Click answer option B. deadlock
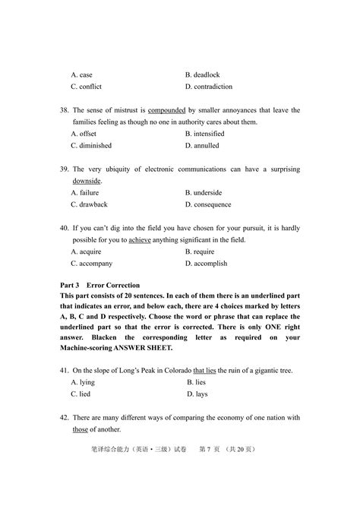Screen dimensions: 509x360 coord(204,75)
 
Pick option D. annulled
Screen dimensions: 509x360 coord(202,145)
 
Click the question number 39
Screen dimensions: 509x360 coord(64,169)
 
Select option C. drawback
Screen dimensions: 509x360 coord(89,204)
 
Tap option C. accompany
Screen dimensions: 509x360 coord(91,264)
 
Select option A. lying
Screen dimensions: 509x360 coord(83,382)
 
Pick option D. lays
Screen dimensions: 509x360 coord(198,394)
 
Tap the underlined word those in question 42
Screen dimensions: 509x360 coord(81,429)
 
